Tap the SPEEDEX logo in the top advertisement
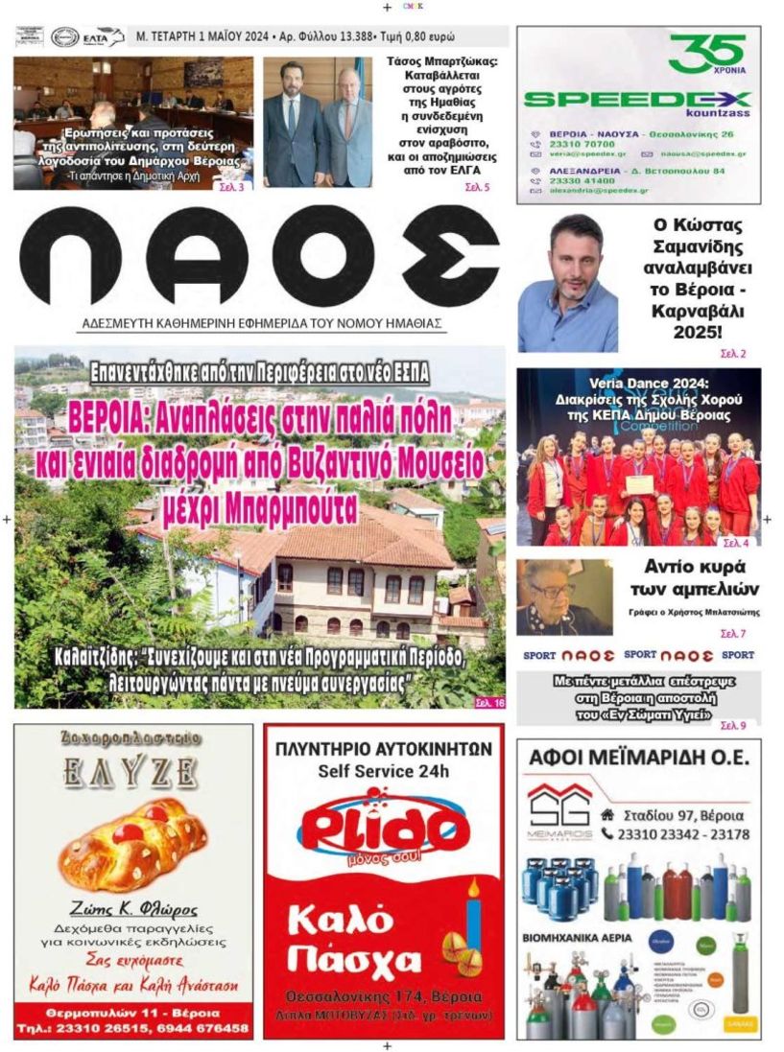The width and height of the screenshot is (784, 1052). (x=637, y=99)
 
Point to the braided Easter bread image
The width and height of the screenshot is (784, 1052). (x=132, y=844)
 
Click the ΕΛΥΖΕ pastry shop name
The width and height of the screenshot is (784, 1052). (x=132, y=771)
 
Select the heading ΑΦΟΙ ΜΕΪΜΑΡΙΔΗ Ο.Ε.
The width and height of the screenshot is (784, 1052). (x=638, y=759)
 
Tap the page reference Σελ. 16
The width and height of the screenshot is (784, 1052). (x=488, y=703)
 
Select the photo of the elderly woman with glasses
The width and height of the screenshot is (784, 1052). (x=564, y=596)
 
